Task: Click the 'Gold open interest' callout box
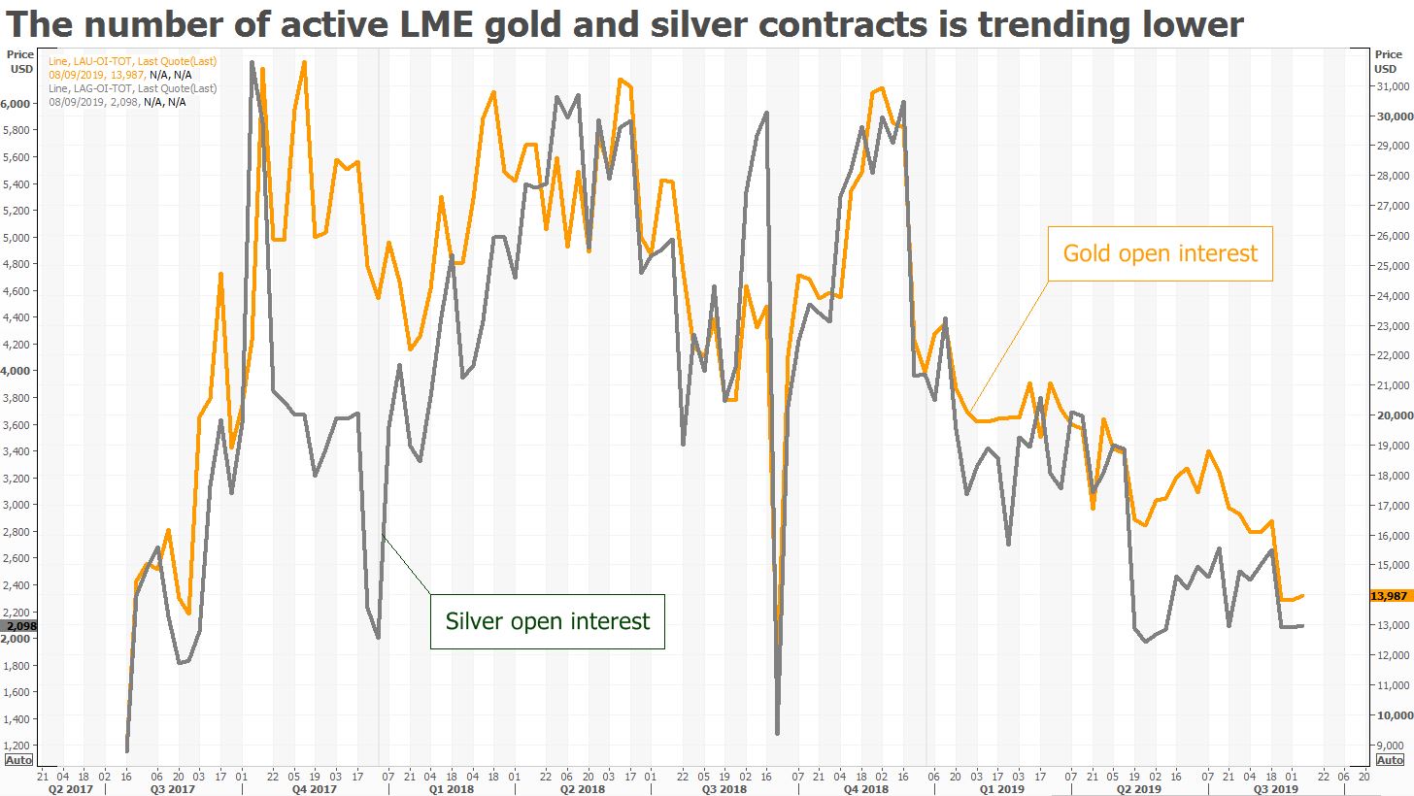(1160, 253)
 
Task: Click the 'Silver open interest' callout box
(547, 621)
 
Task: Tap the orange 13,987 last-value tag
(1390, 596)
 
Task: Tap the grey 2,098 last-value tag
(19, 626)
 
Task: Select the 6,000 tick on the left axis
(20, 104)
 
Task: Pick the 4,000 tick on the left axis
(20, 371)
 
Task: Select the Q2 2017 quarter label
(72, 789)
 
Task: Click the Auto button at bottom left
(17, 760)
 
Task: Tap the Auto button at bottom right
(1390, 760)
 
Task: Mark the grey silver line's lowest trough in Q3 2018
(777, 733)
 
